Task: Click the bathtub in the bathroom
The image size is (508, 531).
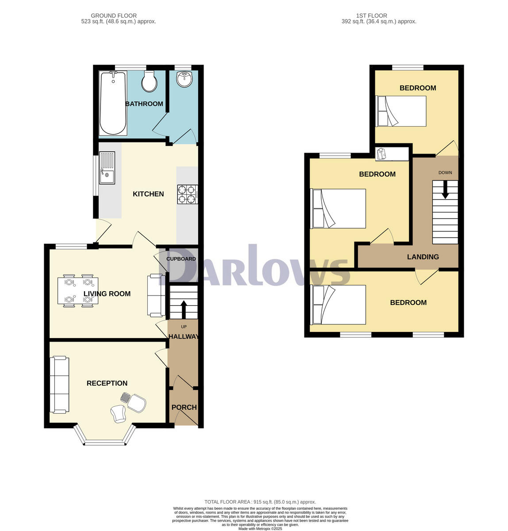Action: click(113, 103)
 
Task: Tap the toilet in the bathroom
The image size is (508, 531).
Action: click(149, 81)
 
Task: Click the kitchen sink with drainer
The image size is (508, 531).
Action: click(107, 168)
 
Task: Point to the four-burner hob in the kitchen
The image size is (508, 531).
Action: click(187, 194)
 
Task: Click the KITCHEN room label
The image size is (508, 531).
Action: click(148, 194)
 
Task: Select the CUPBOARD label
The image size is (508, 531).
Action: click(181, 259)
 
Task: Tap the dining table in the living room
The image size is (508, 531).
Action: click(78, 290)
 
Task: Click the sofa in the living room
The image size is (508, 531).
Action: click(156, 295)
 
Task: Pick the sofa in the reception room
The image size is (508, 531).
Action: click(59, 385)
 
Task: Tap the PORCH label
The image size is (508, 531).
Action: click(184, 408)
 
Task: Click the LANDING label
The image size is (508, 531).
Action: click(423, 257)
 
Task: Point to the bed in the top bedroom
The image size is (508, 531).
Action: click(401, 111)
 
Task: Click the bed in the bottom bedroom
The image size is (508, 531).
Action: click(339, 305)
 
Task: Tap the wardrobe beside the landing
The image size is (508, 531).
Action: click(392, 154)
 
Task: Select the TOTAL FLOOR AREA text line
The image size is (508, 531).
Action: click(260, 502)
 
